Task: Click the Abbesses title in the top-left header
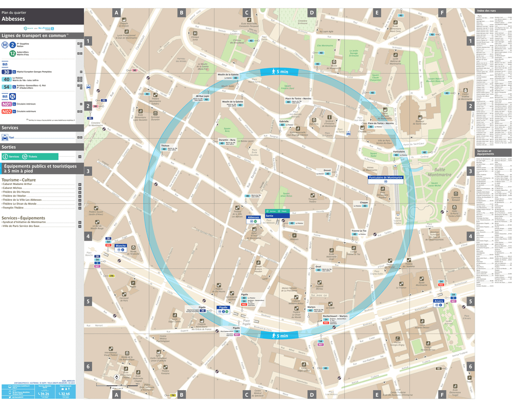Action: pyautogui.click(x=13, y=19)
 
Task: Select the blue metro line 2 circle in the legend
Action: pyautogui.click(x=12, y=45)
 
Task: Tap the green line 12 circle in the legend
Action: pyautogui.click(x=12, y=53)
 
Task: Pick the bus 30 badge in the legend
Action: pyautogui.click(x=7, y=72)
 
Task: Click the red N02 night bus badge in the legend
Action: pyautogui.click(x=7, y=112)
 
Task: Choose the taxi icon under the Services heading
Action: pyautogui.click(x=4, y=138)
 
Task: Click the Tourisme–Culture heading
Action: pyautogui.click(x=19, y=180)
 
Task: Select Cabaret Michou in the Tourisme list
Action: pyautogui.click(x=15, y=188)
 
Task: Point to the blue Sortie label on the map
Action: pyautogui.click(x=270, y=215)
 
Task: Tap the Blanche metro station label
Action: pyautogui.click(x=121, y=245)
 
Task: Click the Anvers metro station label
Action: pyautogui.click(x=438, y=300)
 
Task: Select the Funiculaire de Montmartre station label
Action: pyautogui.click(x=385, y=177)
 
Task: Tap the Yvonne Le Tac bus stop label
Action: pyautogui.click(x=359, y=231)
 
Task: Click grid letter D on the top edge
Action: pyautogui.click(x=311, y=13)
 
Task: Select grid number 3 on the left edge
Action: pyautogui.click(x=88, y=171)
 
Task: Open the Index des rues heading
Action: pyautogui.click(x=486, y=11)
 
